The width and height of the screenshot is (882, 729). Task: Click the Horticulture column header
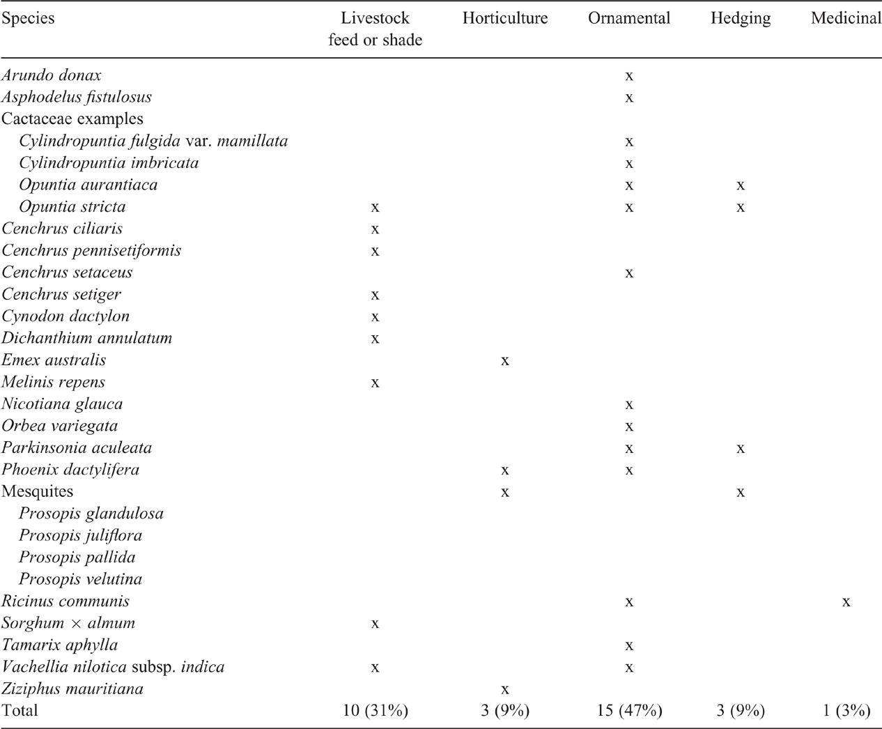coord(505,18)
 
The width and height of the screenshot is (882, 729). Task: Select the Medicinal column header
coord(846,18)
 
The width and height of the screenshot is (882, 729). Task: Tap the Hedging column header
coord(741,19)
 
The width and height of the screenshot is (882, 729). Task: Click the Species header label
coord(28,19)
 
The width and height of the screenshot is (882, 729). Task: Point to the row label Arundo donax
coord(52,75)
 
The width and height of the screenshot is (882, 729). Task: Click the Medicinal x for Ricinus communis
coord(846,601)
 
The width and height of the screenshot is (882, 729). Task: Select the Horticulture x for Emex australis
coord(505,360)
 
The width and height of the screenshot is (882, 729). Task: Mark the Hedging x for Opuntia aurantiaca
coord(740,185)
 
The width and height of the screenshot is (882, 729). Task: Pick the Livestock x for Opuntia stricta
coord(375,207)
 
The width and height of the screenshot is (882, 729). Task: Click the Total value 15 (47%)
coord(629,710)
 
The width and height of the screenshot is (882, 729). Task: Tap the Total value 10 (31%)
coord(375,710)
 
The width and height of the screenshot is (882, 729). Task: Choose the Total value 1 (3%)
coord(846,710)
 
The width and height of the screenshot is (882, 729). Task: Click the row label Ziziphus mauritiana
coord(72,689)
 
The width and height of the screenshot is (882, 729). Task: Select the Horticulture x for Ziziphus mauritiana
coord(505,689)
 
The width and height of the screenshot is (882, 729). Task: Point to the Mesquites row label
coord(37,491)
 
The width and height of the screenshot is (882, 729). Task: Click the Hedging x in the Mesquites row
coord(740,492)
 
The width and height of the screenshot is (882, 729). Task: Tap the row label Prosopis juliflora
coord(80,535)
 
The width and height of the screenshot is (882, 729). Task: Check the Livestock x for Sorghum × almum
coord(375,623)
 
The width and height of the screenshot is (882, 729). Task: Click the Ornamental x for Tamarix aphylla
coord(629,645)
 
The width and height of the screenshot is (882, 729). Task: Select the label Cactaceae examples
coord(72,118)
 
